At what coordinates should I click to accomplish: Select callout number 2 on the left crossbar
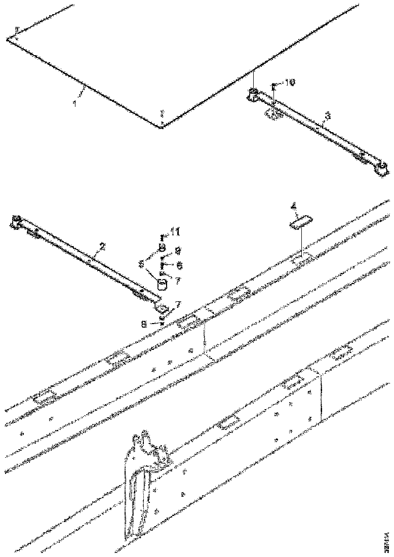pos(102,247)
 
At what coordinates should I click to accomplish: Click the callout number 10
pos(289,82)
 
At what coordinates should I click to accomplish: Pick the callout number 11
pos(176,232)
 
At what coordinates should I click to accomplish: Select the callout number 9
pos(178,250)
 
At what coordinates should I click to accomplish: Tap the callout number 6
pos(179,265)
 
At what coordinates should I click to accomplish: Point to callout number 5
pos(141,264)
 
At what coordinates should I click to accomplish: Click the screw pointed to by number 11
pos(162,236)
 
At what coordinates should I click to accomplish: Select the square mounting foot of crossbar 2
pos(163,307)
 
